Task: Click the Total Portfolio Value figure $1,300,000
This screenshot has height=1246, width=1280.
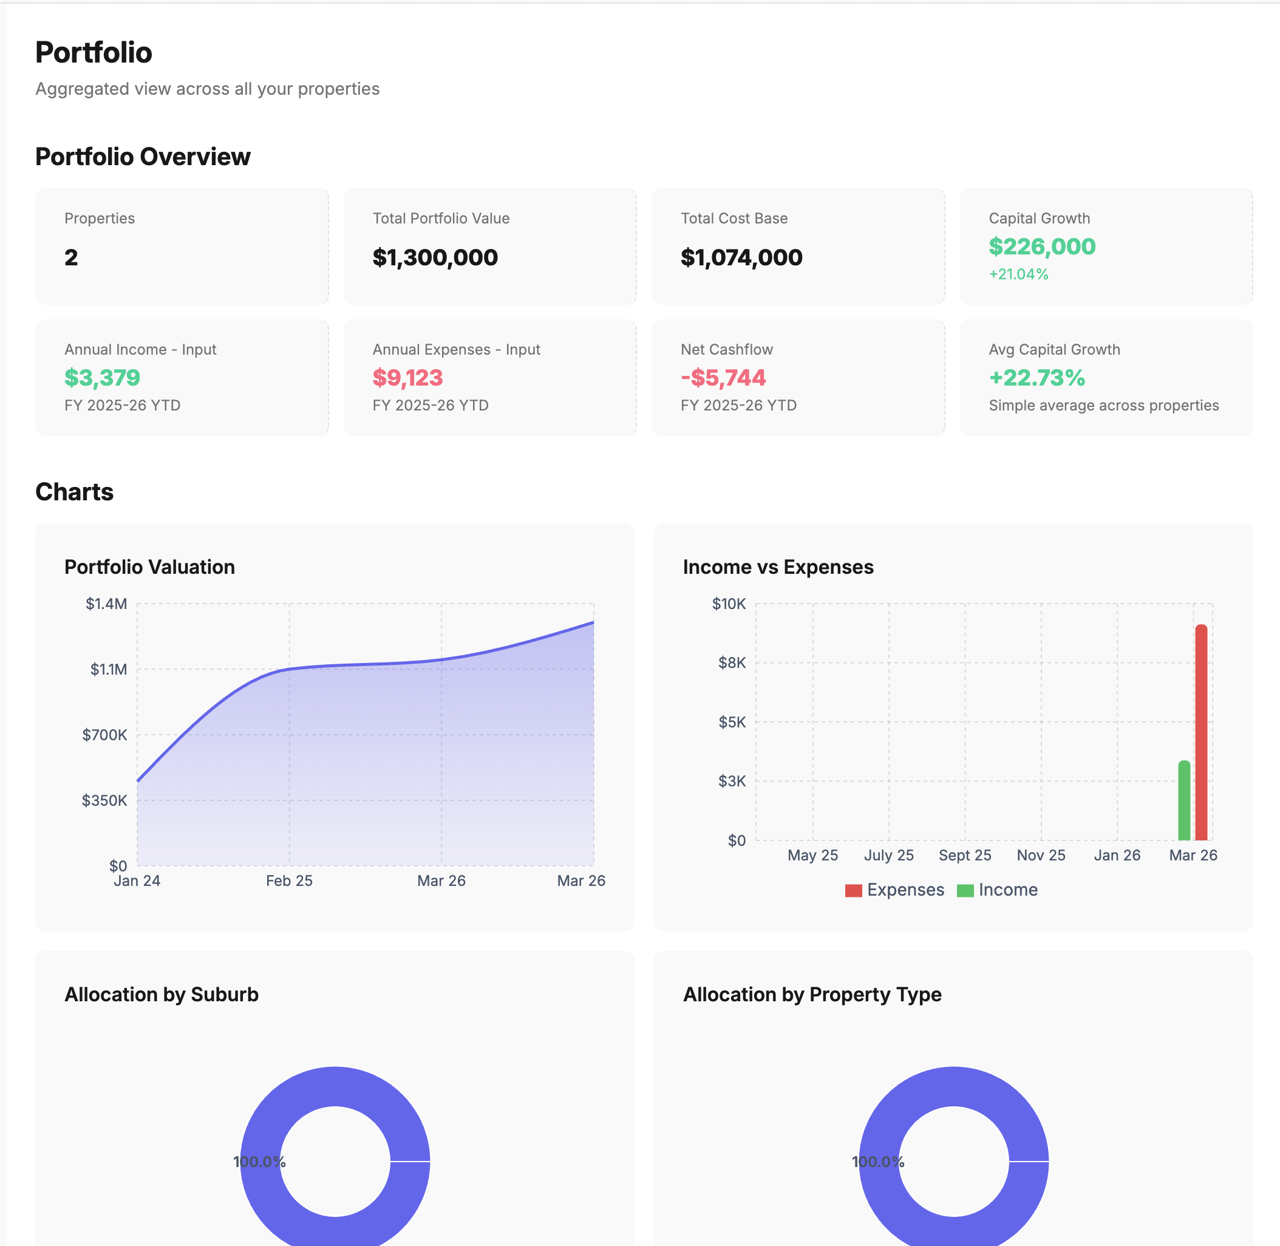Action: click(435, 258)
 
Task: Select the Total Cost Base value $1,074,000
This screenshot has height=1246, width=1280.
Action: click(741, 258)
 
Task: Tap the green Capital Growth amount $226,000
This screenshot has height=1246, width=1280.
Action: click(1042, 247)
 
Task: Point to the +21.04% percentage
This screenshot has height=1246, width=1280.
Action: click(1018, 274)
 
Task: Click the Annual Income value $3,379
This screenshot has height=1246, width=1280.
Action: click(102, 378)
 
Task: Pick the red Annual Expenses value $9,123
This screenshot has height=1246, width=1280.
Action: click(407, 378)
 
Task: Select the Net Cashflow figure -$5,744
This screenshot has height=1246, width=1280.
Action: click(723, 378)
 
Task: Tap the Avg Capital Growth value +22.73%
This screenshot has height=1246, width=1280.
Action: click(1037, 378)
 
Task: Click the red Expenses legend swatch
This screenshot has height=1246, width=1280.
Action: click(853, 891)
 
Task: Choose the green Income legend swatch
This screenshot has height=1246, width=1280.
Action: click(965, 891)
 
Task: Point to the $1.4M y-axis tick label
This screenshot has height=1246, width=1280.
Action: click(107, 604)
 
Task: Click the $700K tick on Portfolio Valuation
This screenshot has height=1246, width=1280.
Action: click(104, 735)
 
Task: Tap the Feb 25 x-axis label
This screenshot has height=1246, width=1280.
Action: click(289, 881)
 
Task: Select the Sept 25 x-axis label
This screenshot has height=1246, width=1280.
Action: click(965, 856)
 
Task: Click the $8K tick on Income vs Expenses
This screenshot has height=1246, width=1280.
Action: click(732, 663)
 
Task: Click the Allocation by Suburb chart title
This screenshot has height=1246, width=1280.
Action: click(162, 995)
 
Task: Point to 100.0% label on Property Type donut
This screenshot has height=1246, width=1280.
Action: click(877, 1162)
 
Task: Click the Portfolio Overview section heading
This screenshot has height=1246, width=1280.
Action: click(143, 157)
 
